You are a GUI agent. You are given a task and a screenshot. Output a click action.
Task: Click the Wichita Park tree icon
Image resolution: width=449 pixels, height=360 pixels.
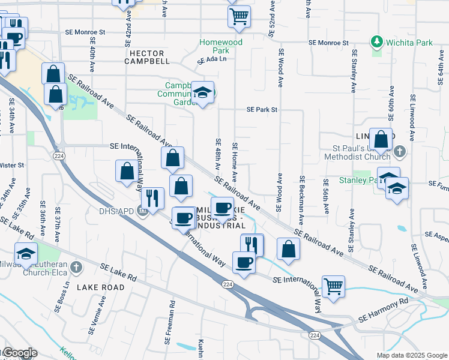tap(377, 42)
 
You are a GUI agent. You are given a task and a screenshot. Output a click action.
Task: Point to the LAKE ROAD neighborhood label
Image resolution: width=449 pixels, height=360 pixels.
tap(101, 287)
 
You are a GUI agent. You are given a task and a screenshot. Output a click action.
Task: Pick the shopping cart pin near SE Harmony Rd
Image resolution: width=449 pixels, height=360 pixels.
tap(333, 286)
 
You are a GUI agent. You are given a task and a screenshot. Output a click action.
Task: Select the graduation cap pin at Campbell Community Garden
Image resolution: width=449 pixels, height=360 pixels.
tap(203, 92)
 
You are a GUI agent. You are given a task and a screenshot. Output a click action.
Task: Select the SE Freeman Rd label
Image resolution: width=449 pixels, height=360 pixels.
tap(170, 322)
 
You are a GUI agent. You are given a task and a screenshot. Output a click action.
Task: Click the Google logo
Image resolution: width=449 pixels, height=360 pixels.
tap(19, 353)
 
